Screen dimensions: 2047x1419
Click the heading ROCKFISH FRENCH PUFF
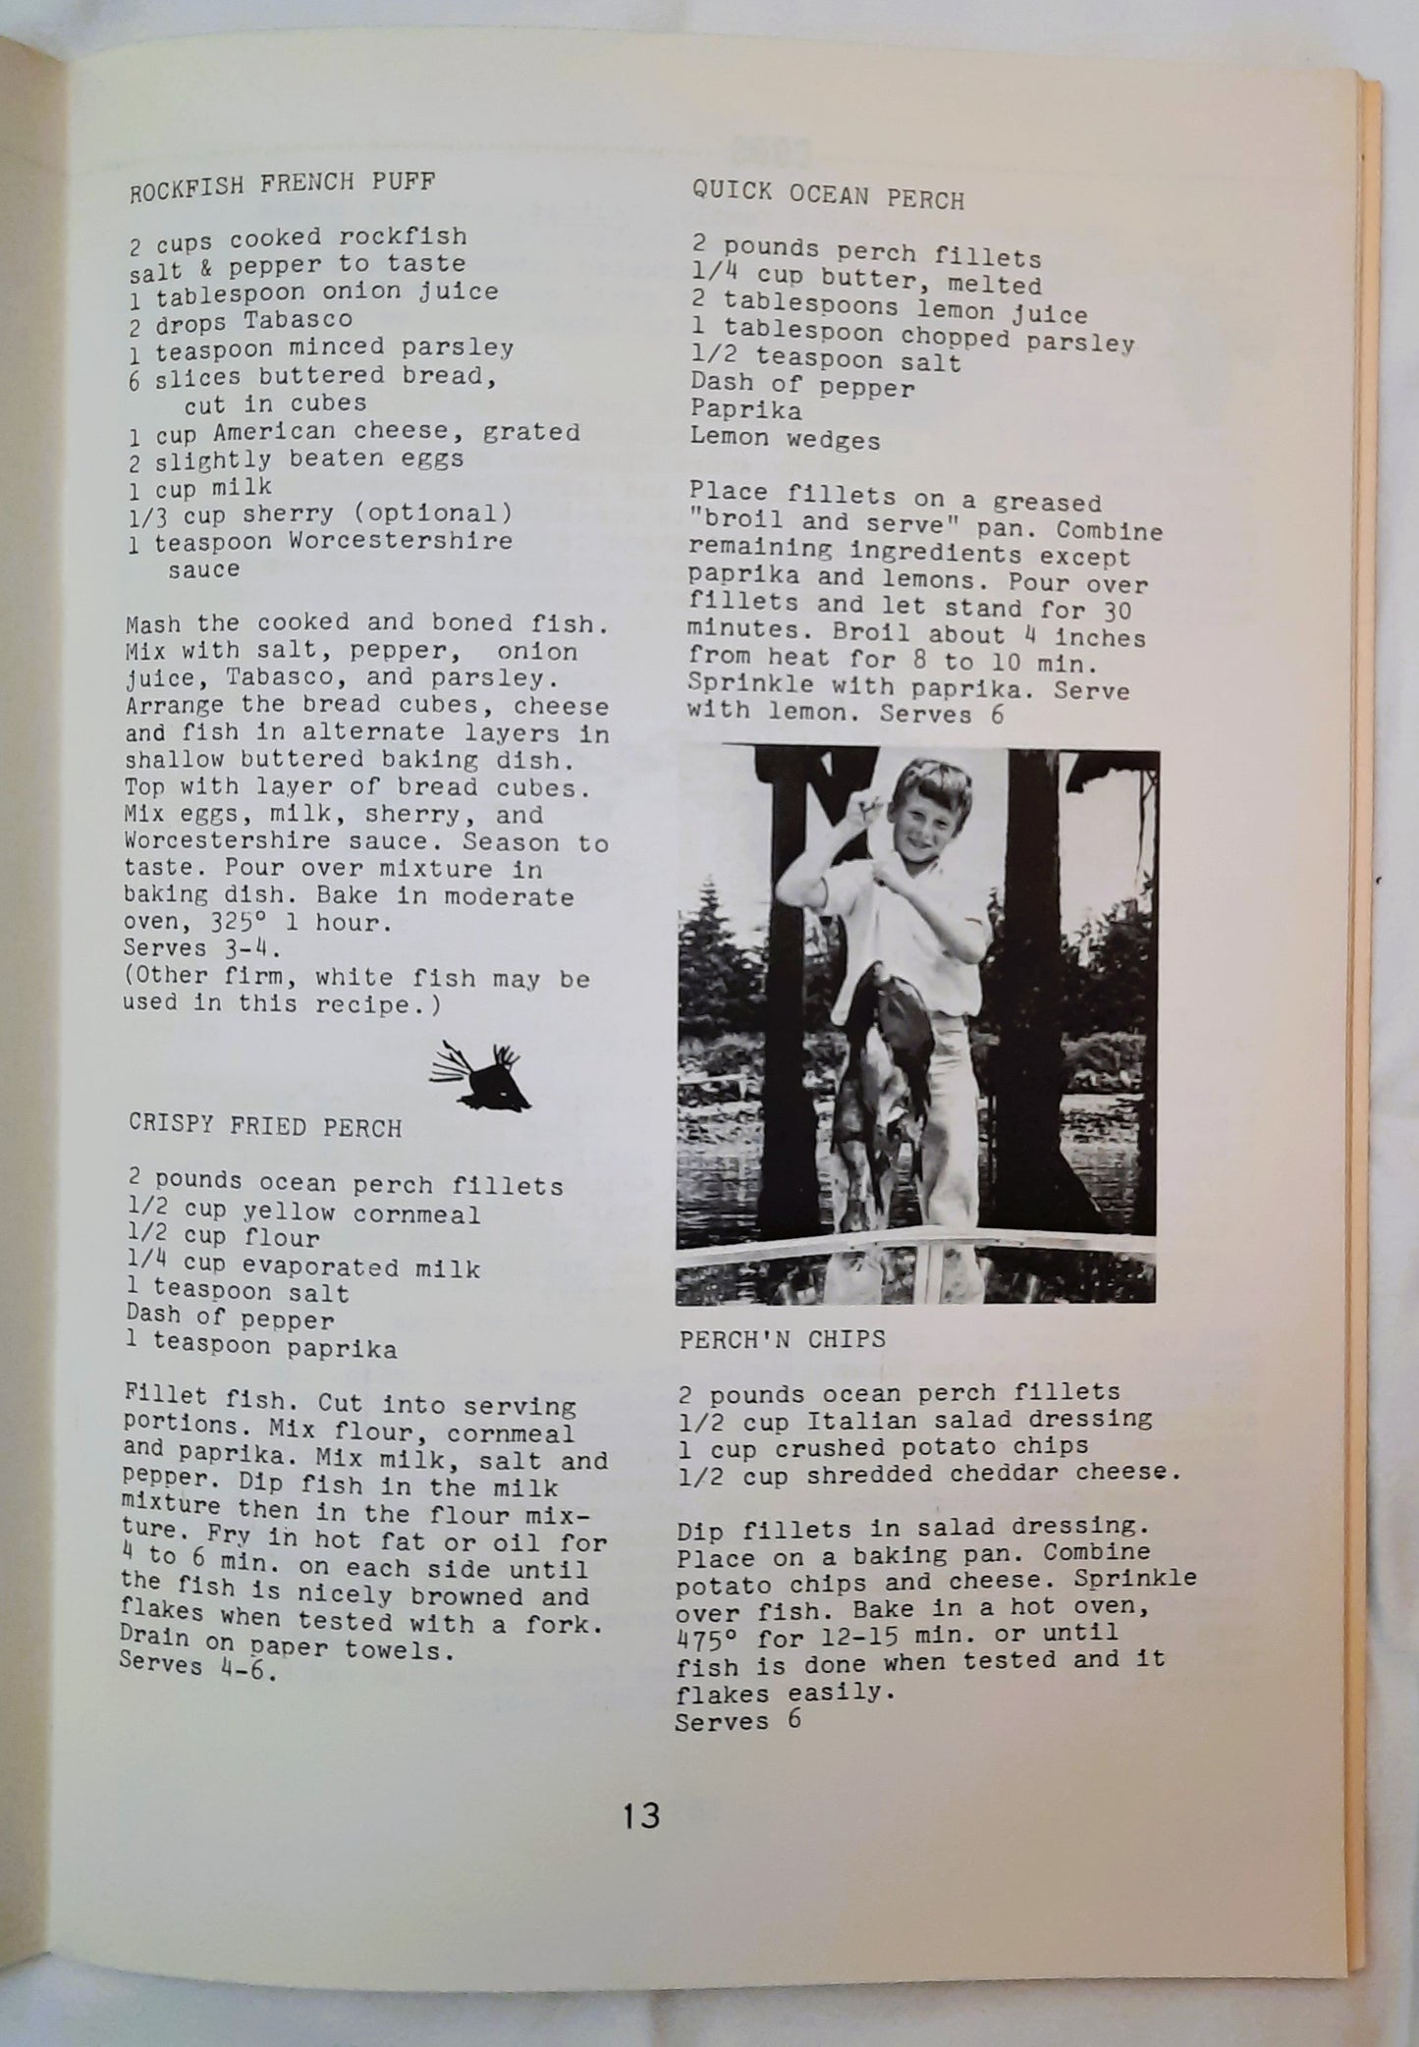tap(282, 184)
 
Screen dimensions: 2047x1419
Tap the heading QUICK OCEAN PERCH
tap(828, 195)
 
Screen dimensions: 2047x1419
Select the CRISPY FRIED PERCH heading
tap(265, 1126)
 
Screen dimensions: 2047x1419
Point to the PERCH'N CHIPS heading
tap(782, 1339)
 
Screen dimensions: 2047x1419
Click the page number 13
tap(640, 1815)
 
